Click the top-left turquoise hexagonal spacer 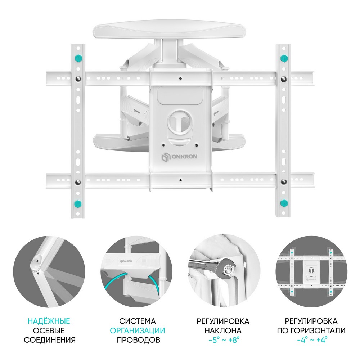coord(78,58)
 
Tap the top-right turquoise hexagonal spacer coord(284,58)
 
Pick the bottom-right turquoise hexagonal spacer coord(284,203)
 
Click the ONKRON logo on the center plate coord(180,157)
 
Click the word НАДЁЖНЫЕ coord(49,321)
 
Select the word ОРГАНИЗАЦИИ coord(137,330)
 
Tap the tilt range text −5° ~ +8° coord(224,340)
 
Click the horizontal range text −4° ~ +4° coord(312,340)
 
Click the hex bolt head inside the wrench coord(229,269)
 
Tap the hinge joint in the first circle coord(37,263)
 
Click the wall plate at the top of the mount coord(169,30)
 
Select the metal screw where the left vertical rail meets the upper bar coord(78,79)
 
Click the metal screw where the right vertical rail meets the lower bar coord(284,182)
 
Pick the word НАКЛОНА coord(223,330)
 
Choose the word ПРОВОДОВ coord(139,340)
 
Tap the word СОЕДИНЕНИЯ coord(50,340)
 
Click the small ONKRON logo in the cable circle coord(126,261)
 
